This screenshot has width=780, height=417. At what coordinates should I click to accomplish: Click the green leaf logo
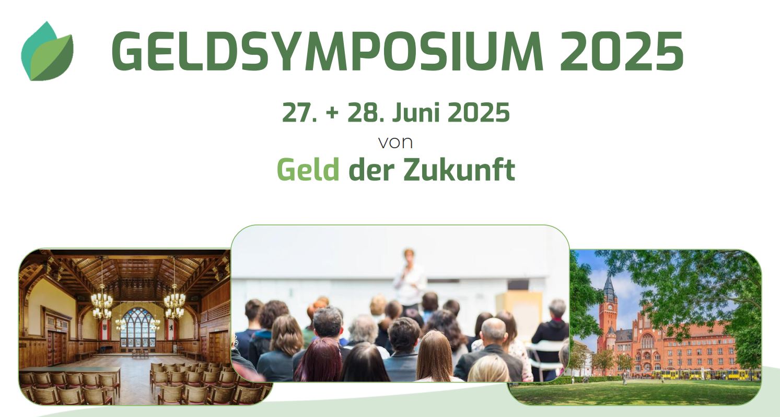(47, 52)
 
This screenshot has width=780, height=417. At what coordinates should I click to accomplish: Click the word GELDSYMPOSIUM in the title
(328, 51)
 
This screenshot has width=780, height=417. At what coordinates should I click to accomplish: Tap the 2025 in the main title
(622, 51)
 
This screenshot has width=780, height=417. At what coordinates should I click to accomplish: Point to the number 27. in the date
(299, 112)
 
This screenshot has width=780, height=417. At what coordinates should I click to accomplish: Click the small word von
(395, 142)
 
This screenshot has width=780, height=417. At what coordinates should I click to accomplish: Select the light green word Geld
(308, 170)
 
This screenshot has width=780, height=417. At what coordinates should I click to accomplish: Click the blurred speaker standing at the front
(409, 278)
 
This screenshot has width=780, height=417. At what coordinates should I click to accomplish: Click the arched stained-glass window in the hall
(137, 327)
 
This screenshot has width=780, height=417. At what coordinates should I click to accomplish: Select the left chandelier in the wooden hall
(102, 301)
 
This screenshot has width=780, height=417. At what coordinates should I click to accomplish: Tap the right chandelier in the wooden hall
(174, 301)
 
